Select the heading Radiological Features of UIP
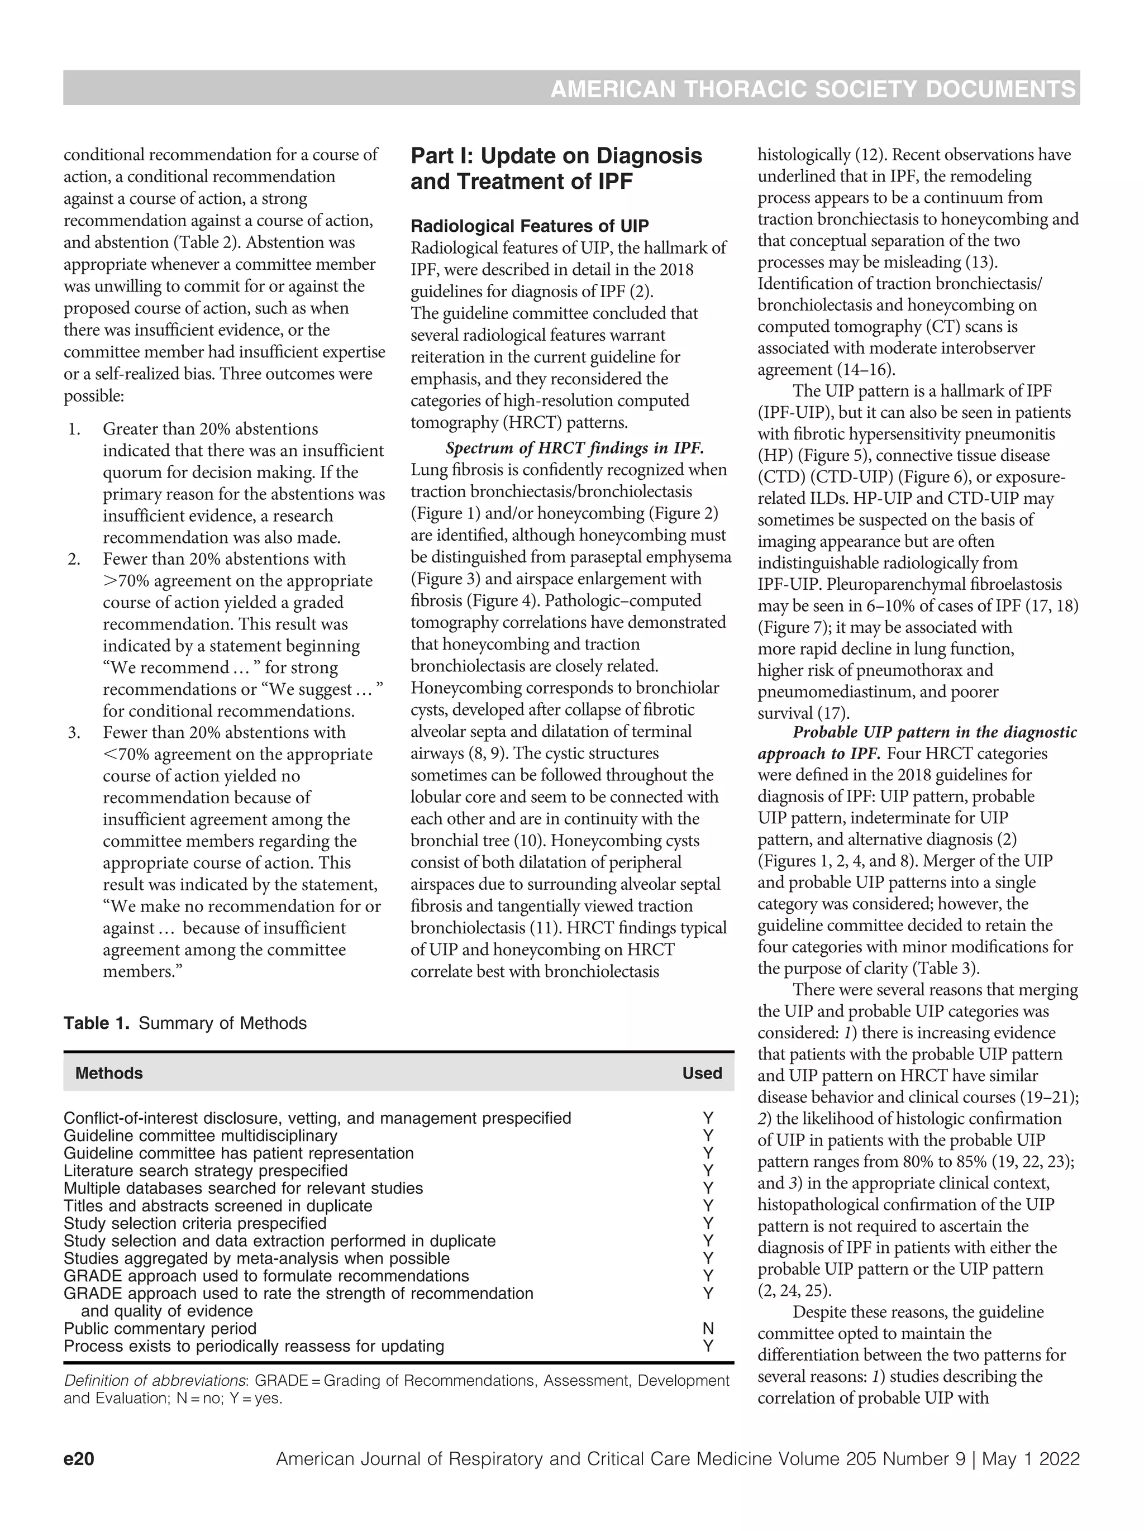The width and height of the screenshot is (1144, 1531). pyautogui.click(x=530, y=226)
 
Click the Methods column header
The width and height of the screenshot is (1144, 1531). pyautogui.click(x=109, y=1073)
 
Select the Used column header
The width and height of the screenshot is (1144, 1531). pyautogui.click(x=702, y=1073)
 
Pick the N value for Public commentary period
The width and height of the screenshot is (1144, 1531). pyautogui.click(x=707, y=1328)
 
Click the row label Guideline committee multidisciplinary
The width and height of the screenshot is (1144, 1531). pyautogui.click(x=201, y=1136)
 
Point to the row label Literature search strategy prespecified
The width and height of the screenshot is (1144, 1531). pyautogui.click(x=206, y=1170)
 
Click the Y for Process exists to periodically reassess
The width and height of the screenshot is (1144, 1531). pyautogui.click(x=707, y=1346)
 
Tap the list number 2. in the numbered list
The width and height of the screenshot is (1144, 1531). pyautogui.click(x=75, y=559)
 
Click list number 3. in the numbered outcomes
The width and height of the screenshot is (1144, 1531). pyautogui.click(x=75, y=732)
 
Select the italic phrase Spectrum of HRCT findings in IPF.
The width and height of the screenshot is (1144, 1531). pyautogui.click(x=574, y=448)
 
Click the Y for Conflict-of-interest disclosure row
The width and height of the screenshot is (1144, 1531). pyautogui.click(x=707, y=1118)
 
